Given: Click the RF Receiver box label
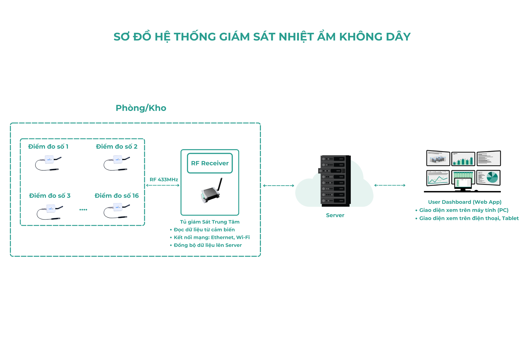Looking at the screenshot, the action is [210, 163].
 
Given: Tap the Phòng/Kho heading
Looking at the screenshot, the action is [141, 108].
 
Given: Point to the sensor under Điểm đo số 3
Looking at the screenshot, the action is [50, 212].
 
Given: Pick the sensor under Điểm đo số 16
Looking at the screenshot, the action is [117, 211].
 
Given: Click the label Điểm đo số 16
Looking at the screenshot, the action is [117, 196].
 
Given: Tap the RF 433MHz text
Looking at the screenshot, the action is [164, 179].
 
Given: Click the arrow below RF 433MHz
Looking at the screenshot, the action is [163, 185].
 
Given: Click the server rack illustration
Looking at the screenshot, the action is [334, 181].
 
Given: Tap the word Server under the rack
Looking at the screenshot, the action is [335, 215].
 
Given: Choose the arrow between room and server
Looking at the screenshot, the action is [279, 186].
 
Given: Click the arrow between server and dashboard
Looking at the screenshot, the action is [390, 185].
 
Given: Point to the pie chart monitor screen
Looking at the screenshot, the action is [488, 178].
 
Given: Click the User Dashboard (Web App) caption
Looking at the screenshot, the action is [465, 202].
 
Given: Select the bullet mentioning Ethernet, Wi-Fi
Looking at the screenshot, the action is [210, 237].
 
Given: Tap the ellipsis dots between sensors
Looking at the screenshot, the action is [83, 210].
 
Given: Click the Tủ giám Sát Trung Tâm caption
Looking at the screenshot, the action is [210, 222].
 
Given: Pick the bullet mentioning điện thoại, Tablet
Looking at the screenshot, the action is [467, 218].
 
